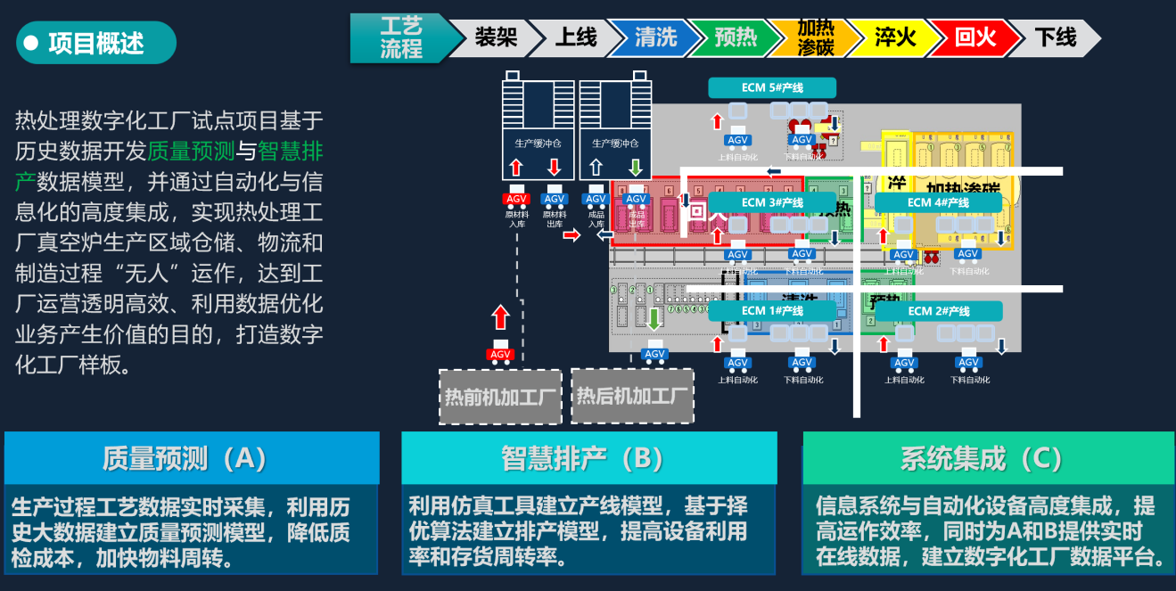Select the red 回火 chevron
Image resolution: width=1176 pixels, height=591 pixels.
pyautogui.click(x=975, y=37)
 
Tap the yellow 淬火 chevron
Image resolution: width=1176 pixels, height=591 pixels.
pyautogui.click(x=894, y=37)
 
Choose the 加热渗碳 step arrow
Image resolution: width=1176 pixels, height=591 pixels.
pyautogui.click(x=815, y=37)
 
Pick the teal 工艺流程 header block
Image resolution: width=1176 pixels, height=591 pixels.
pyautogui.click(x=400, y=37)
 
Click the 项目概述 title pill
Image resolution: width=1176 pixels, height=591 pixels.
pyautogui.click(x=95, y=43)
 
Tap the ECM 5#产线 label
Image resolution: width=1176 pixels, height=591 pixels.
pyautogui.click(x=772, y=87)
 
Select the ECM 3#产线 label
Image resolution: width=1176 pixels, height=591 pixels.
pyautogui.click(x=772, y=202)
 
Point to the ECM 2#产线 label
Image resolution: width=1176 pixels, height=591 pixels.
pyautogui.click(x=938, y=311)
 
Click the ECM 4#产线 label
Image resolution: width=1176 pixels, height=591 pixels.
pyautogui.click(x=938, y=202)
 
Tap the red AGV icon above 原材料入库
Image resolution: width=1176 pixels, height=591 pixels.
pyautogui.click(x=516, y=198)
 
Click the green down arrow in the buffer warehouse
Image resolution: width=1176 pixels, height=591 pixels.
pyautogui.click(x=635, y=167)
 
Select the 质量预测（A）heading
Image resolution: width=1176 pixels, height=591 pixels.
pyautogui.click(x=191, y=458)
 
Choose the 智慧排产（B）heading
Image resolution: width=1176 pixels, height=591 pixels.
pyautogui.click(x=588, y=458)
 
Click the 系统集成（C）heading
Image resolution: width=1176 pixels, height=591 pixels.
pyautogui.click(x=988, y=458)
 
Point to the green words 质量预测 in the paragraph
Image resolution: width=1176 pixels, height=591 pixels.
pyautogui.click(x=191, y=151)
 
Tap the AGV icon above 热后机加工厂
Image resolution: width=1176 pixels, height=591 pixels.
pyautogui.click(x=655, y=353)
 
